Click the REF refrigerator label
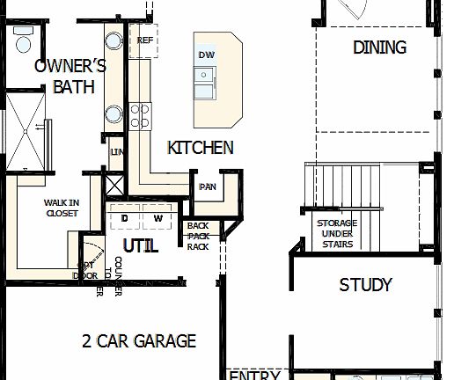tap(145, 40)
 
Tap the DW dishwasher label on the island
tap(207, 55)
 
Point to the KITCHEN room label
tap(201, 148)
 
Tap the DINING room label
tap(379, 47)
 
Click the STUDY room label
tap(365, 285)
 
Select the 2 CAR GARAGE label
tap(139, 341)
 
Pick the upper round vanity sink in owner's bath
tap(114, 40)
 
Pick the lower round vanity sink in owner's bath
tap(114, 113)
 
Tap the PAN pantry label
tap(209, 186)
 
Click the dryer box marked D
tap(125, 217)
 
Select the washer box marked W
tap(158, 217)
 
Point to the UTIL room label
tap(140, 245)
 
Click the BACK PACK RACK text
tap(198, 236)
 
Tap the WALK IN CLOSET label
tap(62, 208)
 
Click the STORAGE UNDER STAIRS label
tap(337, 233)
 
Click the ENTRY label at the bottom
tap(254, 375)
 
